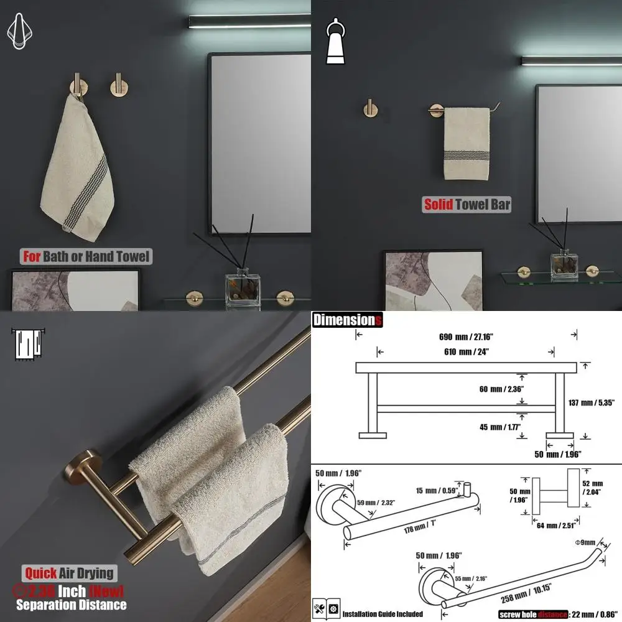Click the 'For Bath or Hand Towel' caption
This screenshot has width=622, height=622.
86,256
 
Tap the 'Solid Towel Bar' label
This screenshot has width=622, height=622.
467,204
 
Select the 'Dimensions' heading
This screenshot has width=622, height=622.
347,320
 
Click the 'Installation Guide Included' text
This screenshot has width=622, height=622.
383,614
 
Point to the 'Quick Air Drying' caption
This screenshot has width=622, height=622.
70,573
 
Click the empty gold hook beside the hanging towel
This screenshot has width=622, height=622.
116,84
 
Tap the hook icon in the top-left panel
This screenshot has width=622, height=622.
20,32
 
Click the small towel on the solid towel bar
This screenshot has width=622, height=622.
466,143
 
